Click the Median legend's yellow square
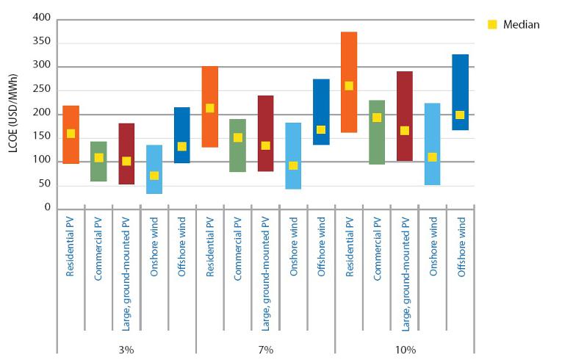point(493,24)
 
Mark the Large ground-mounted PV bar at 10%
point(404,116)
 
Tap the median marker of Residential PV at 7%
point(210,108)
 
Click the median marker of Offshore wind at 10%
point(460,115)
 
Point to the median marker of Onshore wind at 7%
point(293,165)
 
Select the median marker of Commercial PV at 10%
point(377,118)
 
